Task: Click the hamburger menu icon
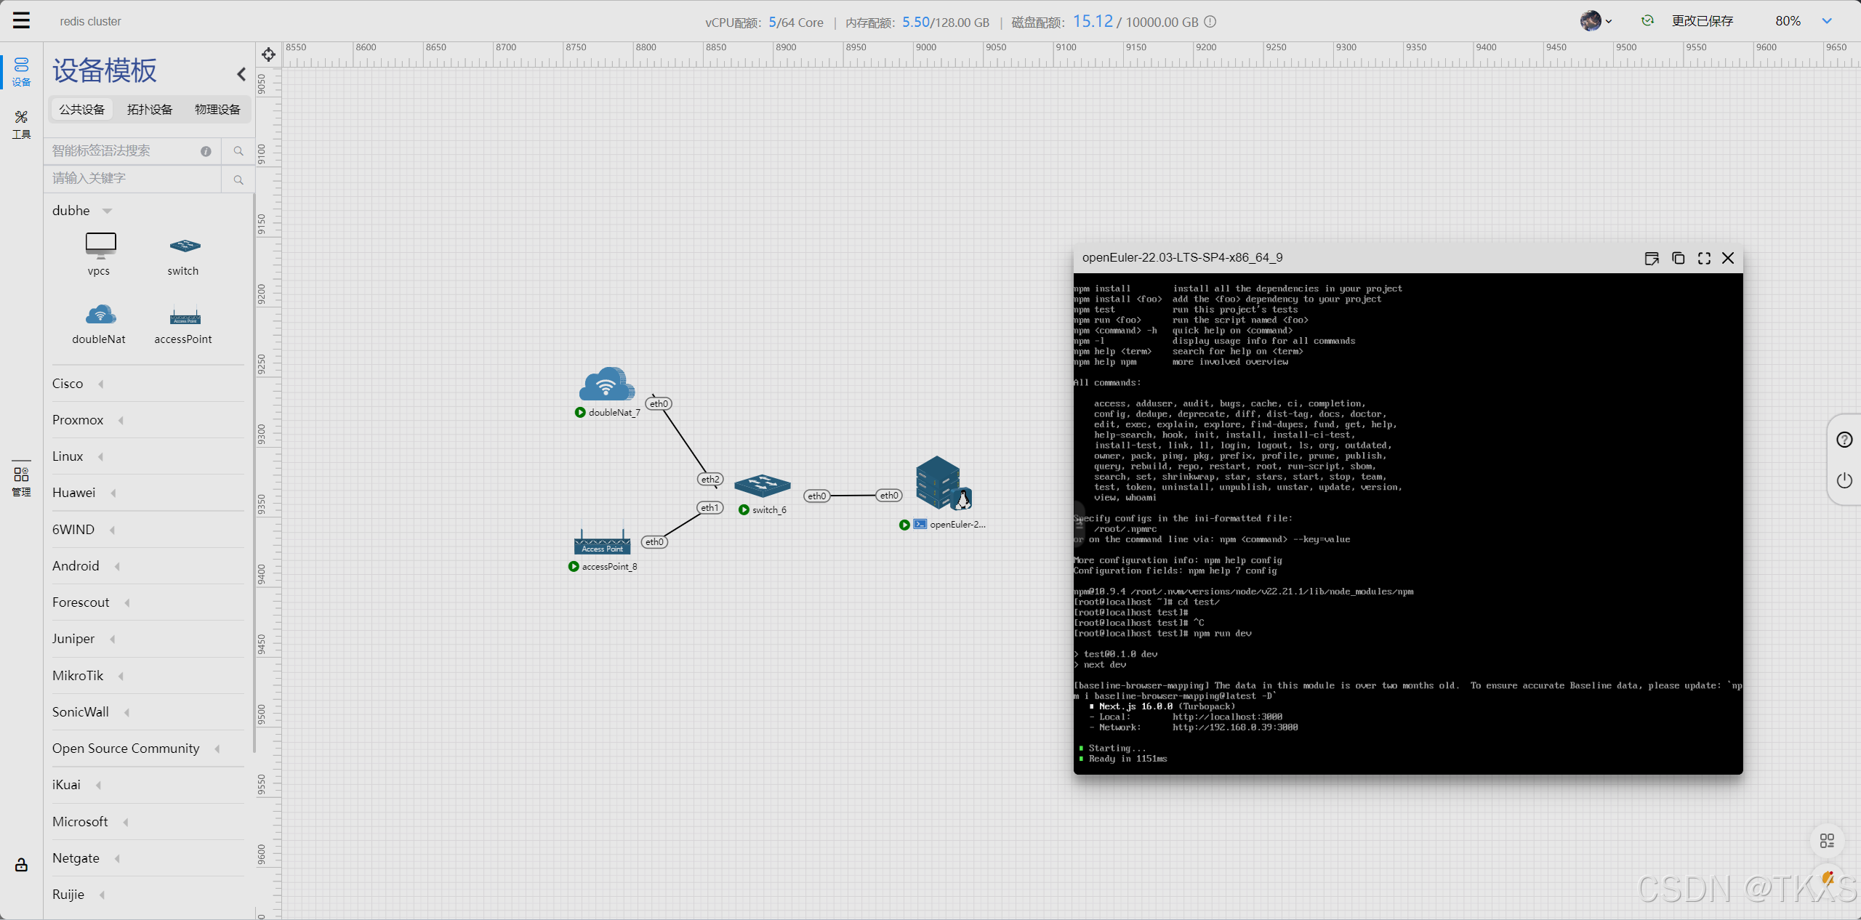[x=21, y=20]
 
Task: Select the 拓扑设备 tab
[x=150, y=109]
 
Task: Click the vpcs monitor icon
[x=100, y=245]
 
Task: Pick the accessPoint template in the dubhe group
[x=185, y=316]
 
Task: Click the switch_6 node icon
[x=762, y=485]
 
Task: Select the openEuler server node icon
[x=943, y=483]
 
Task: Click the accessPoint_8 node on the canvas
[x=602, y=542]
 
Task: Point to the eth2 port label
[x=710, y=480]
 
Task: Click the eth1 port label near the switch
[x=710, y=508]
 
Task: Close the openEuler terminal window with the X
[x=1728, y=258]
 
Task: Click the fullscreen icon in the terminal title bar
[x=1704, y=258]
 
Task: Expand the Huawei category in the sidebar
[x=74, y=493]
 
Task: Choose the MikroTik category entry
[x=79, y=676]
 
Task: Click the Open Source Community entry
[x=126, y=748]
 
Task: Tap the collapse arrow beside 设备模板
[x=241, y=74]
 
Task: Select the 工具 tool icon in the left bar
[x=21, y=124]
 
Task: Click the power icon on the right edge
[x=1844, y=480]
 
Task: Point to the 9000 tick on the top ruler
[x=925, y=48]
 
